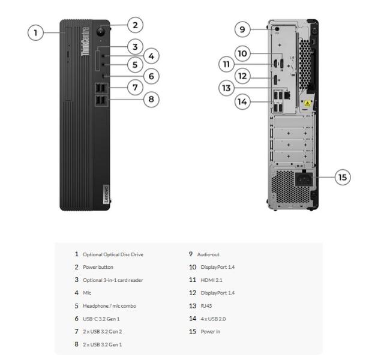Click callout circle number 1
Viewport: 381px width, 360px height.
pos(37,32)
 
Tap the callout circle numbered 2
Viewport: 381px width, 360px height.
pos(136,25)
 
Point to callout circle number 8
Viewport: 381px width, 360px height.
pos(153,99)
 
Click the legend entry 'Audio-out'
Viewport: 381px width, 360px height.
pos(209,254)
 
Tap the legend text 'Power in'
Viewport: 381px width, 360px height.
pos(206,331)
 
